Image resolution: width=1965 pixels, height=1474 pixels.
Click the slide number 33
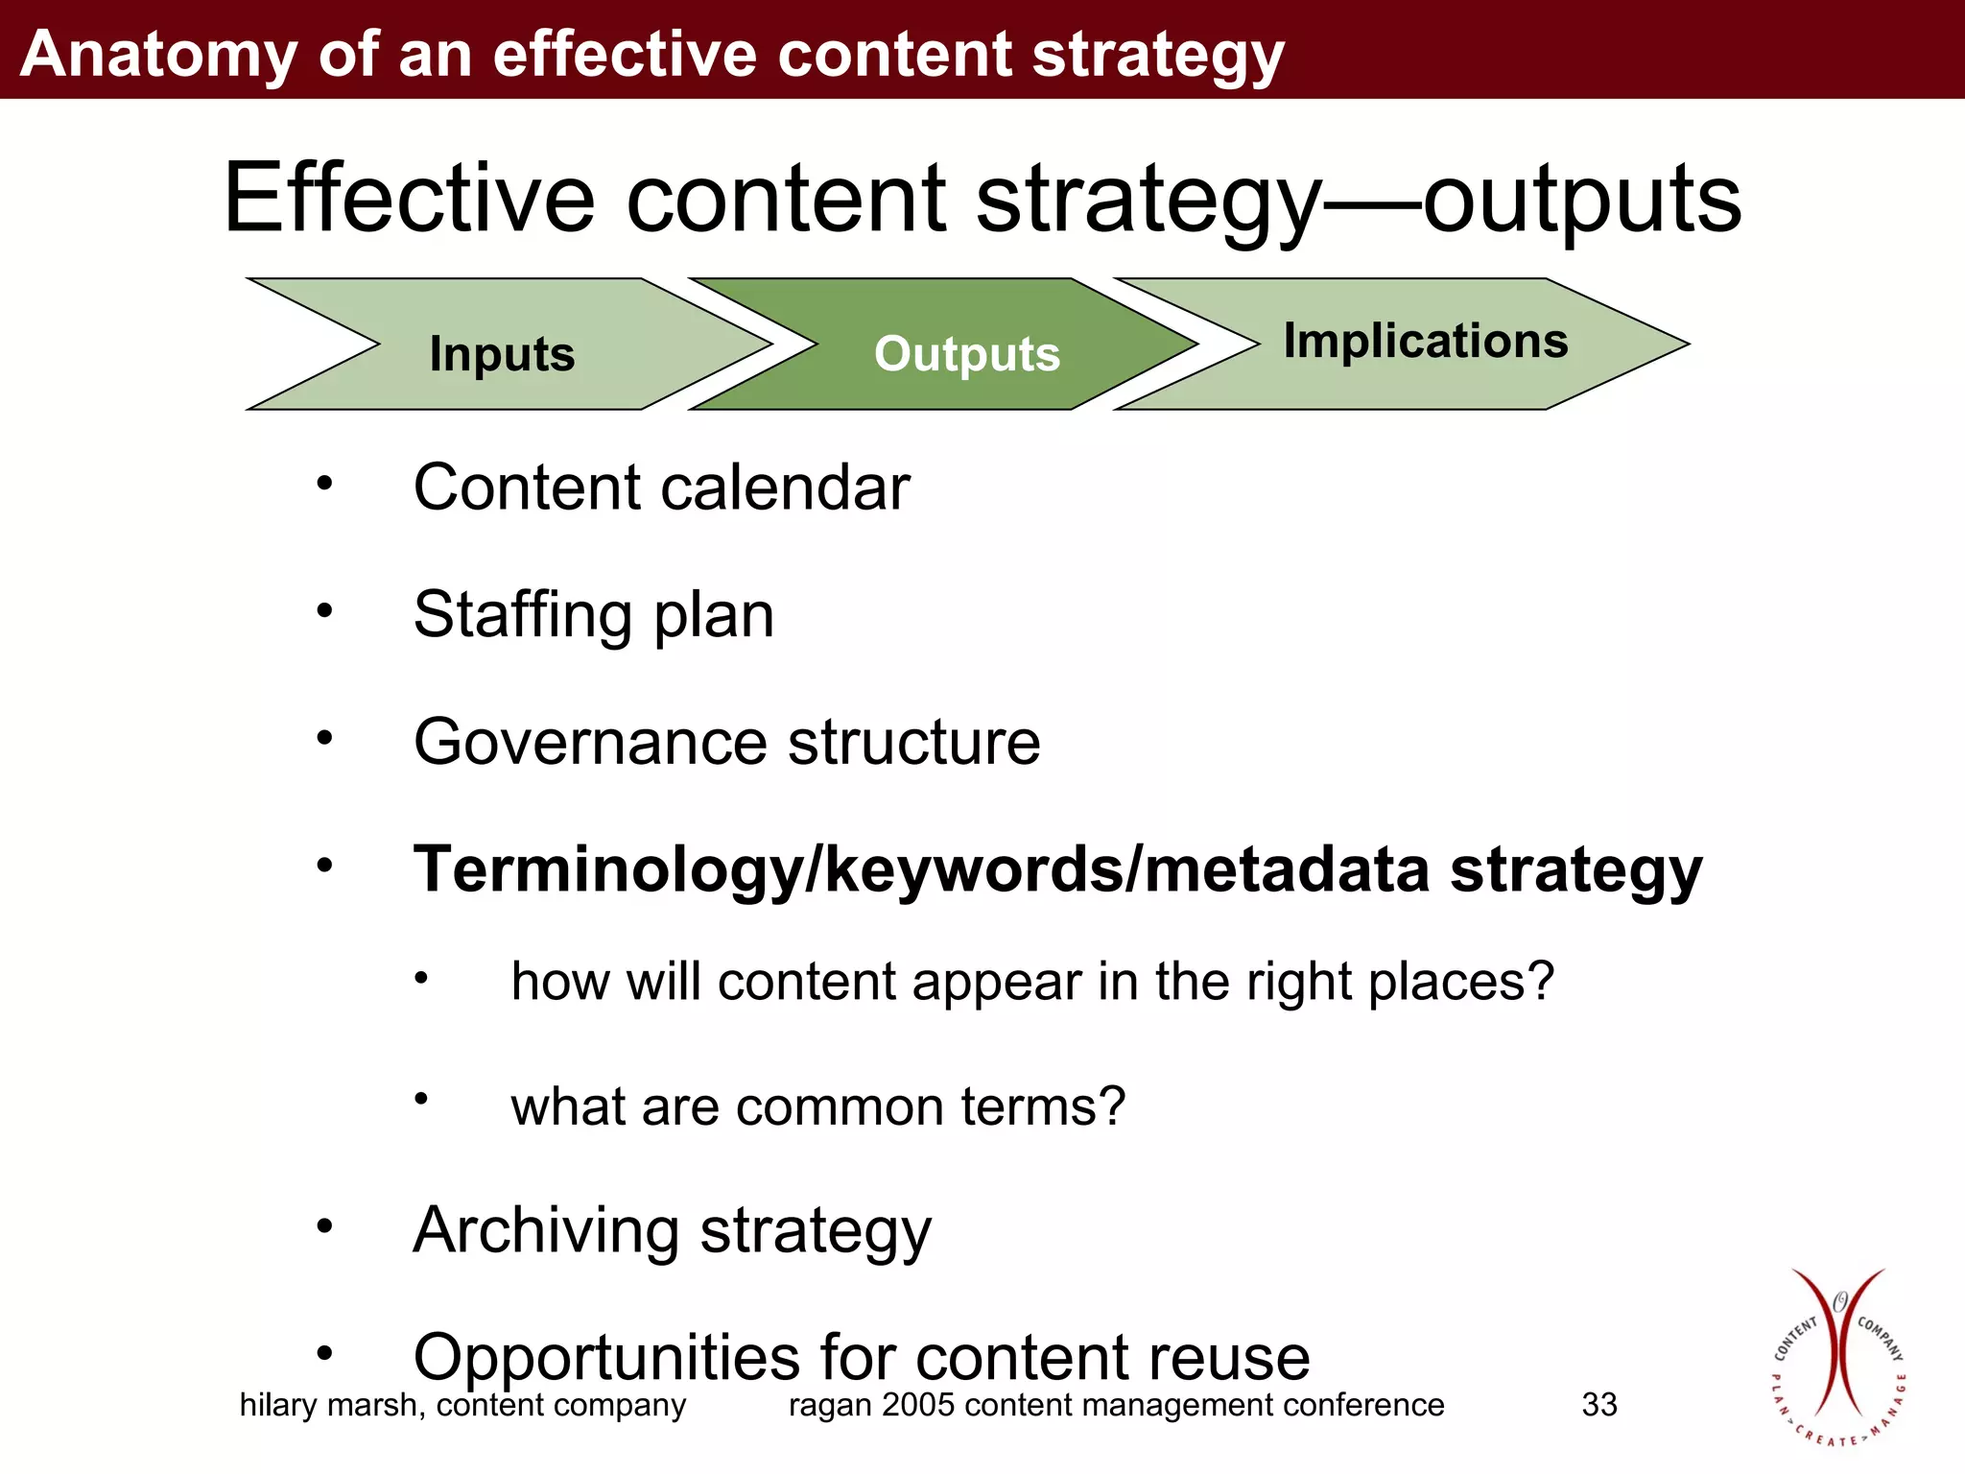[1599, 1405]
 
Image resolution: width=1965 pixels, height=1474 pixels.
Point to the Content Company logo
[1838, 1359]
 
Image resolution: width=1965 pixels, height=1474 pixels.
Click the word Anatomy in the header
[158, 54]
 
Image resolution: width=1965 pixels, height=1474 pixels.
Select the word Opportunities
[606, 1359]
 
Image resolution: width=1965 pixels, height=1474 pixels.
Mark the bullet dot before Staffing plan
[324, 609]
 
